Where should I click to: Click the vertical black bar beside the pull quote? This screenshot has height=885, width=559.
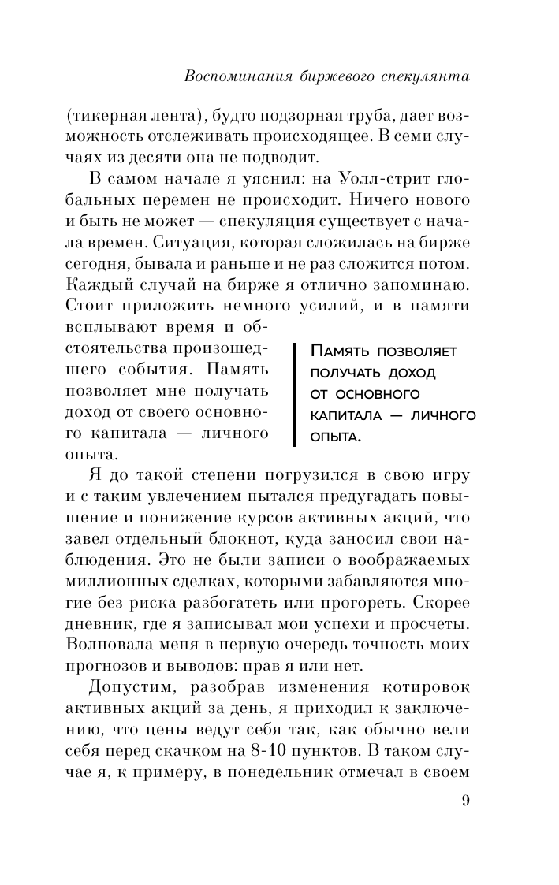point(295,392)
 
